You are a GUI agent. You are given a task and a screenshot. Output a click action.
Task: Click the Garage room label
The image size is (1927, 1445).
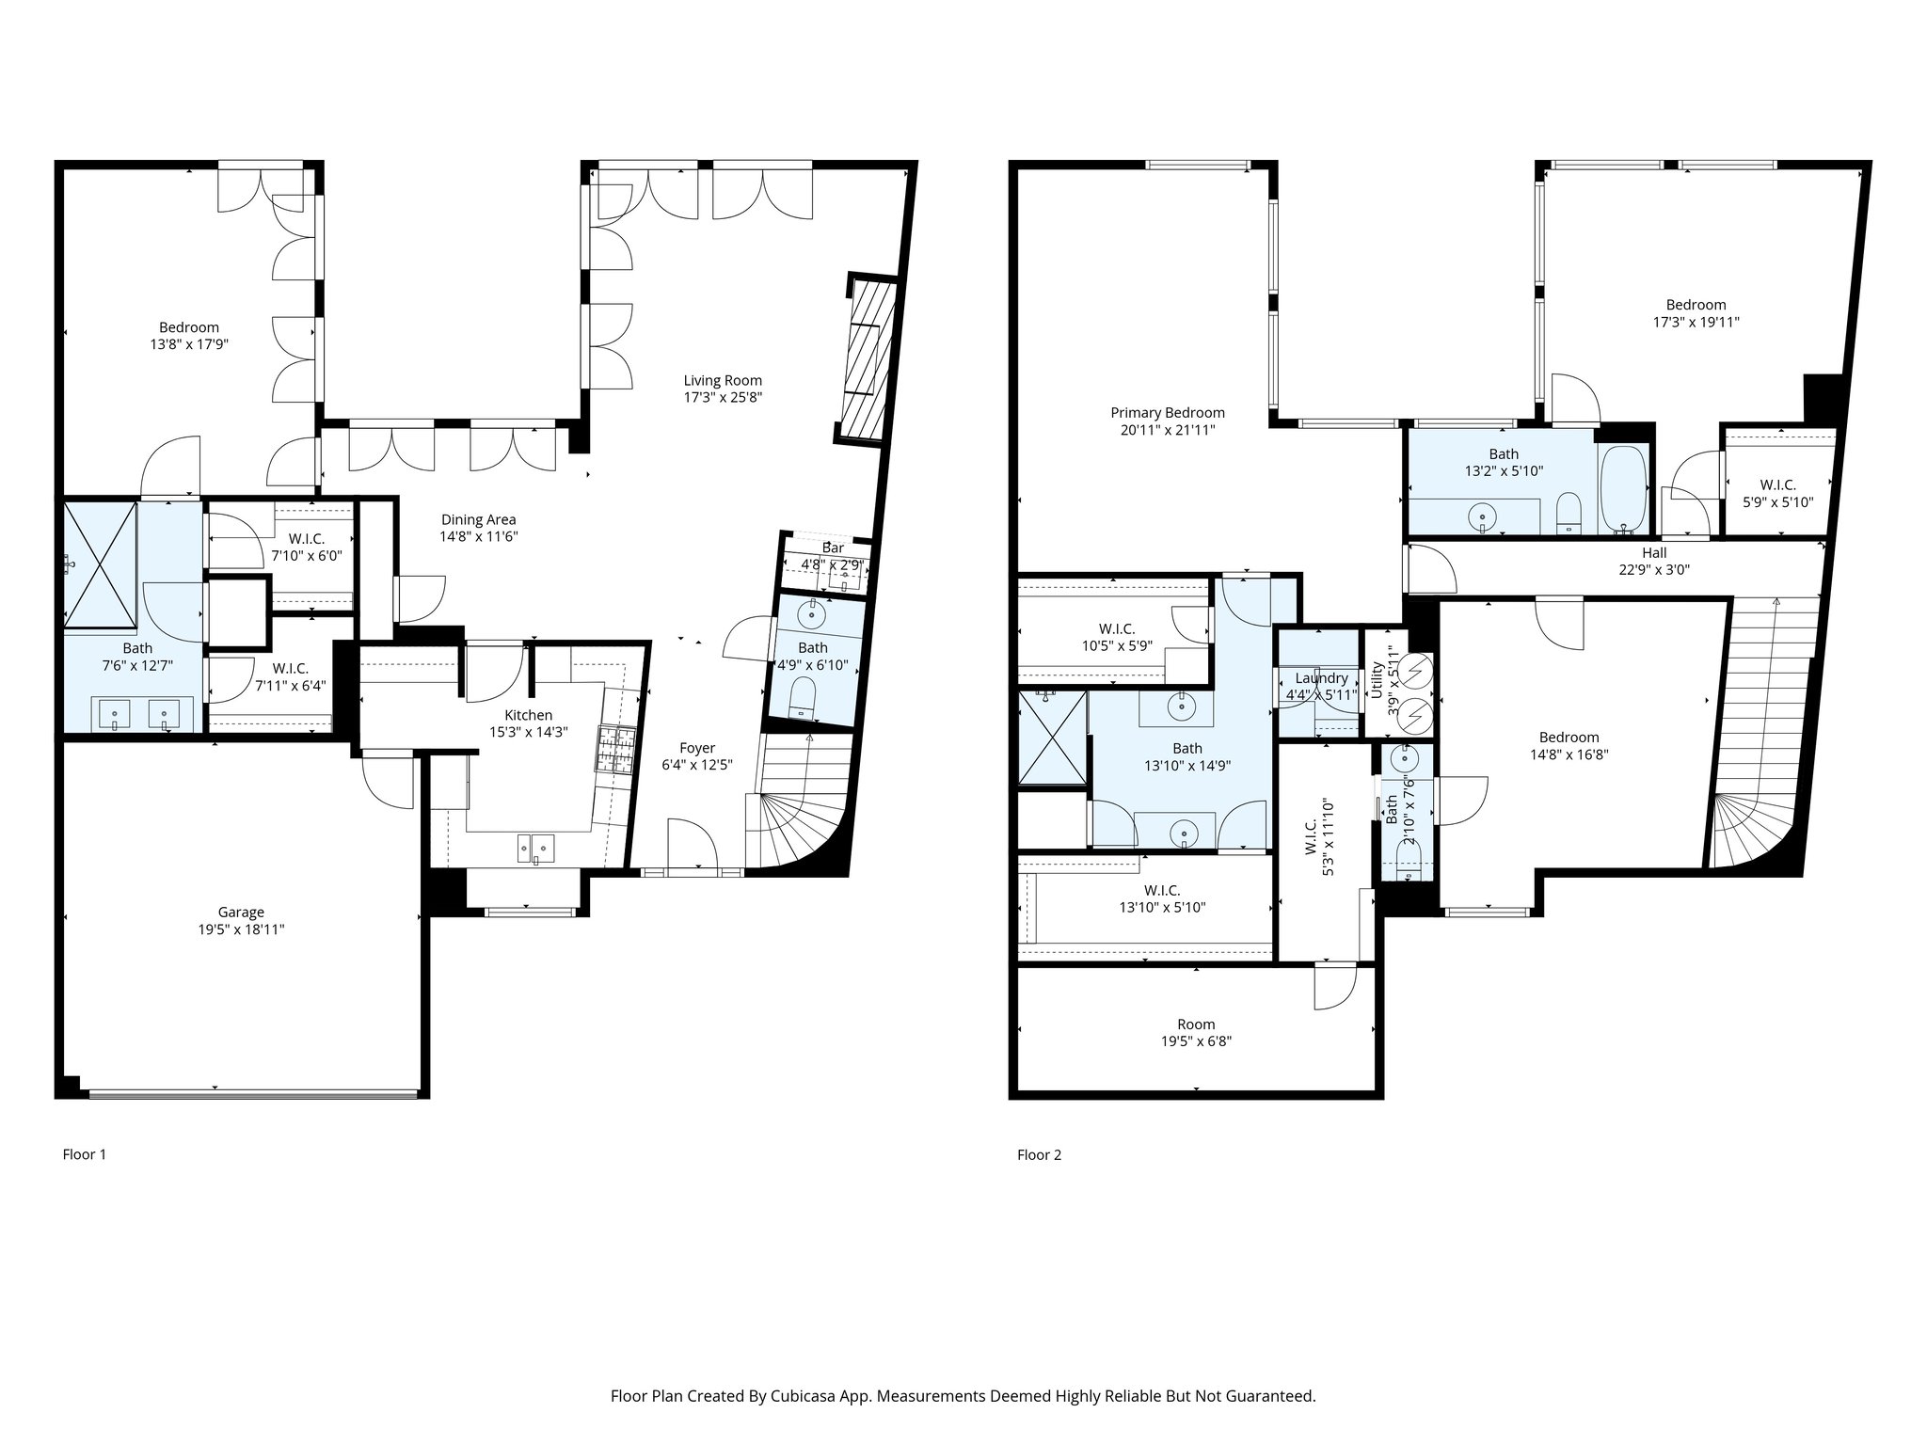tap(241, 912)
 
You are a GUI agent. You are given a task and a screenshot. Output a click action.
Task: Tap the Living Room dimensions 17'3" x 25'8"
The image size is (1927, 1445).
tap(722, 397)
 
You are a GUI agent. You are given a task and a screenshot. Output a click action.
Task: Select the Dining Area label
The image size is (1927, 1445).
tap(478, 519)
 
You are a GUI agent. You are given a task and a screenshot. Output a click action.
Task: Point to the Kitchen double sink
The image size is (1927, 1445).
tap(535, 849)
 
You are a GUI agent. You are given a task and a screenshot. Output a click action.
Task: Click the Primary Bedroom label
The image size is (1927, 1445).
tap(1167, 413)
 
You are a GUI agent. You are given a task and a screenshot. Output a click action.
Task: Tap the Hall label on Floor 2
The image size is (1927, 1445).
tap(1653, 553)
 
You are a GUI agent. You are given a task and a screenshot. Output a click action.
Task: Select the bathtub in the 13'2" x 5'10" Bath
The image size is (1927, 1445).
tap(1623, 489)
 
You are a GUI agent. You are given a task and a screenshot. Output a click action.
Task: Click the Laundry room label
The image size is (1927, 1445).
tap(1321, 678)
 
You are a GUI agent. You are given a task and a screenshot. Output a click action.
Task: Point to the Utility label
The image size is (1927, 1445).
tap(1378, 679)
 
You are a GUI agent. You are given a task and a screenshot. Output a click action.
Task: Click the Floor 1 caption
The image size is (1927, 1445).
tap(84, 1154)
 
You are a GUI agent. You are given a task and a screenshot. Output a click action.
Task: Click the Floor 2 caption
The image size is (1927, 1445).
tap(1039, 1154)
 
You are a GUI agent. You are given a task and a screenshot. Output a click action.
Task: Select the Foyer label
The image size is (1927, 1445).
tap(697, 748)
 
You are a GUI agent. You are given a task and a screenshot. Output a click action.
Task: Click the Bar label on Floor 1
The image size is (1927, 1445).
tap(833, 548)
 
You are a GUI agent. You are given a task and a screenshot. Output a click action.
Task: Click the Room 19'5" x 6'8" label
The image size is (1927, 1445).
tap(1196, 1024)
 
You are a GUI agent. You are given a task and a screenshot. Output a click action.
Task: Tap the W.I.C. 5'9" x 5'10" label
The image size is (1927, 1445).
tap(1777, 485)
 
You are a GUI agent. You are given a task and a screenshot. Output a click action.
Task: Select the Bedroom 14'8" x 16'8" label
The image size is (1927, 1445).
tap(1569, 738)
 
